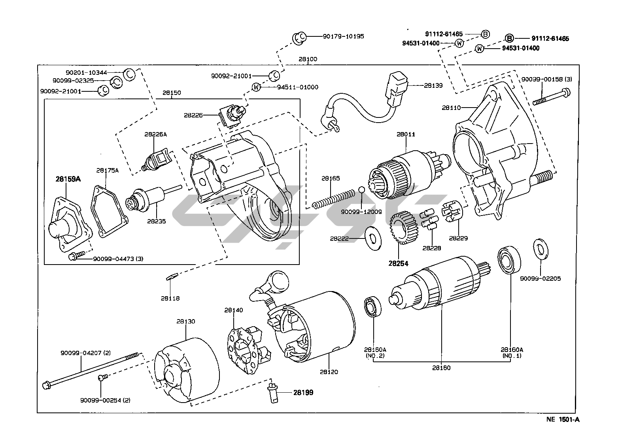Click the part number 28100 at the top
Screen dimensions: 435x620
coord(308,59)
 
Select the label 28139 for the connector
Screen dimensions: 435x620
coord(433,85)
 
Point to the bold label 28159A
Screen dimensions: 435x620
coord(68,179)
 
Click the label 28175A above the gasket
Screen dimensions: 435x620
coord(107,170)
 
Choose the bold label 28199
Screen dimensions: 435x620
coord(303,393)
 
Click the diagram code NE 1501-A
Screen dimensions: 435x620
coord(563,420)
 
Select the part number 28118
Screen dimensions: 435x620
coord(170,298)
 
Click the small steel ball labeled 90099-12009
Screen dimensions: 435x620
coord(361,190)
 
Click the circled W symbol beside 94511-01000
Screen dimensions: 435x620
coord(257,87)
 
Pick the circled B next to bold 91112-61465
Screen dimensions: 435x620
coord(510,38)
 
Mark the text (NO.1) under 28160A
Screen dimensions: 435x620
coord(512,356)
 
